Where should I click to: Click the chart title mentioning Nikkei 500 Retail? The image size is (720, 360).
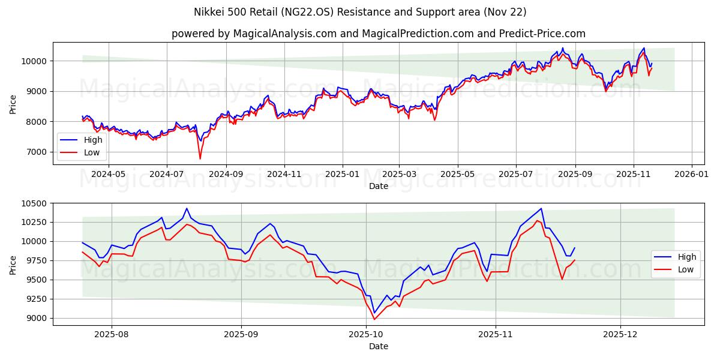pos(360,12)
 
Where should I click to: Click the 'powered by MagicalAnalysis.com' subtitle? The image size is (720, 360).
pos(378,34)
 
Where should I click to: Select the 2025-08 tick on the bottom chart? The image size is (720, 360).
pos(112,334)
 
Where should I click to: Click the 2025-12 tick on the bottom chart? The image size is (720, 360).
pos(620,334)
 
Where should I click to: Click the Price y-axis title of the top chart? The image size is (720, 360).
pos(13,103)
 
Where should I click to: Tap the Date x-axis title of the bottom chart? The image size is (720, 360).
pos(378,346)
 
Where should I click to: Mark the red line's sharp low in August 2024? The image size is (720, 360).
pos(200,159)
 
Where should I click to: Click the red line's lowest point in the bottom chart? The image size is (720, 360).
pos(374,319)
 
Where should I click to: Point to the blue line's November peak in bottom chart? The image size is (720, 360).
pos(541,208)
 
